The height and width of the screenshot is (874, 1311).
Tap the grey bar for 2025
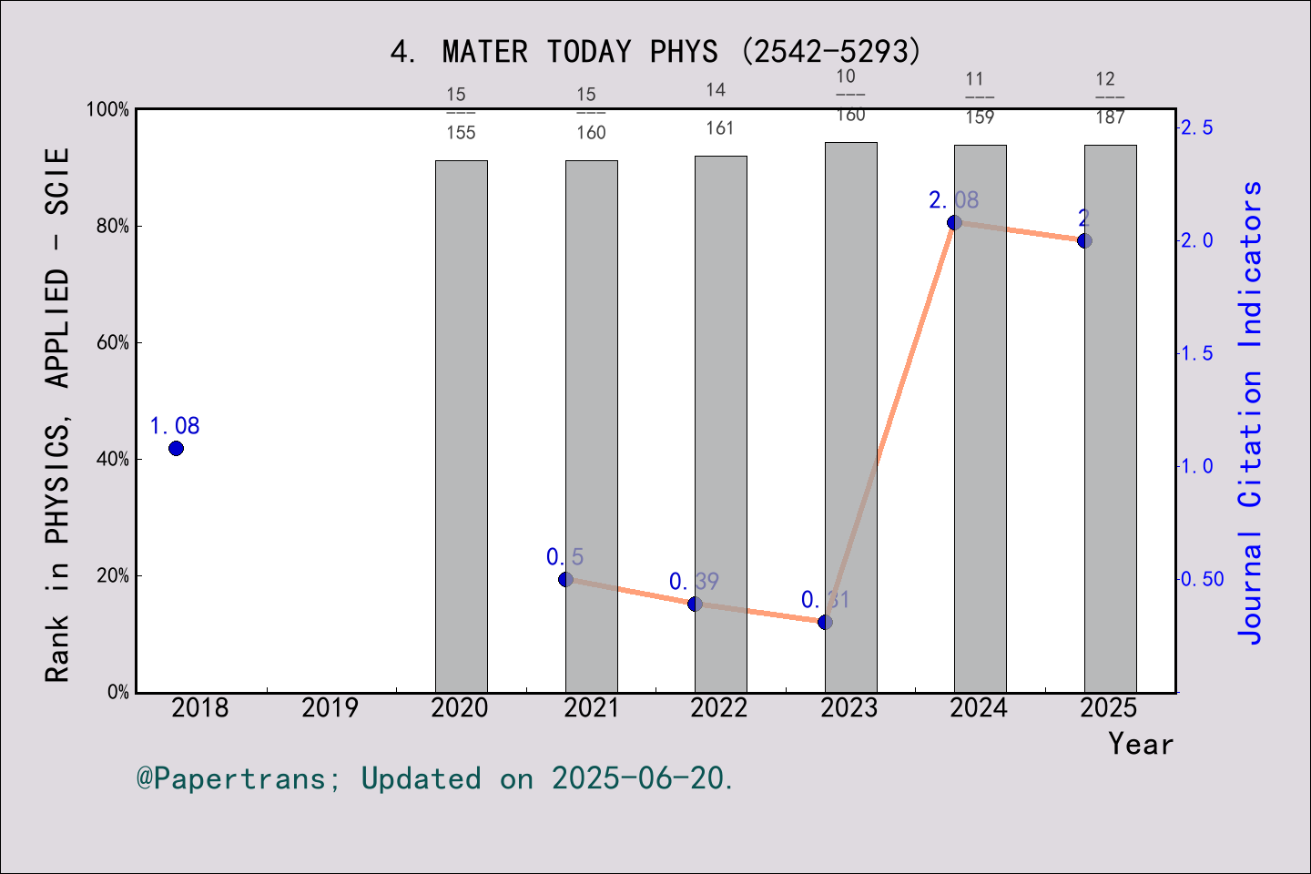[1110, 419]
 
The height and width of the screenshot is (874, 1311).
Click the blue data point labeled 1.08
[176, 448]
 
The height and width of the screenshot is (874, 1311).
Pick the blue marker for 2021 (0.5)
[565, 579]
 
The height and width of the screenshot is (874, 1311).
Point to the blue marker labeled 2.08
[954, 223]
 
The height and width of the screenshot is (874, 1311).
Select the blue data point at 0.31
[825, 622]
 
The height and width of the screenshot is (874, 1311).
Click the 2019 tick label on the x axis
[330, 708]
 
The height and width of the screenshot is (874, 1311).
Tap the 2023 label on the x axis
[849, 708]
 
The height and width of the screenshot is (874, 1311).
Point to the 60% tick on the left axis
[113, 343]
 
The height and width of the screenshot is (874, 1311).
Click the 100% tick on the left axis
[108, 110]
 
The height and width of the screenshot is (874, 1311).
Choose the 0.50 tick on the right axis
[1202, 580]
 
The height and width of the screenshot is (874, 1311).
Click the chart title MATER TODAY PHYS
[655, 52]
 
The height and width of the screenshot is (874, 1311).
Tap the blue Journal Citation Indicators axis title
[1251, 412]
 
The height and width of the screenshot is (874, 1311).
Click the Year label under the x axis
[1140, 745]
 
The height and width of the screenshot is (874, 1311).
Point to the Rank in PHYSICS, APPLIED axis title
[57, 414]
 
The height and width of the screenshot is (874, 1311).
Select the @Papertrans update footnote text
[435, 779]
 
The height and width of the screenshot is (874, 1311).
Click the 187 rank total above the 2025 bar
[1110, 117]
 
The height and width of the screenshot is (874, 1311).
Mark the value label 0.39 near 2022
[694, 582]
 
